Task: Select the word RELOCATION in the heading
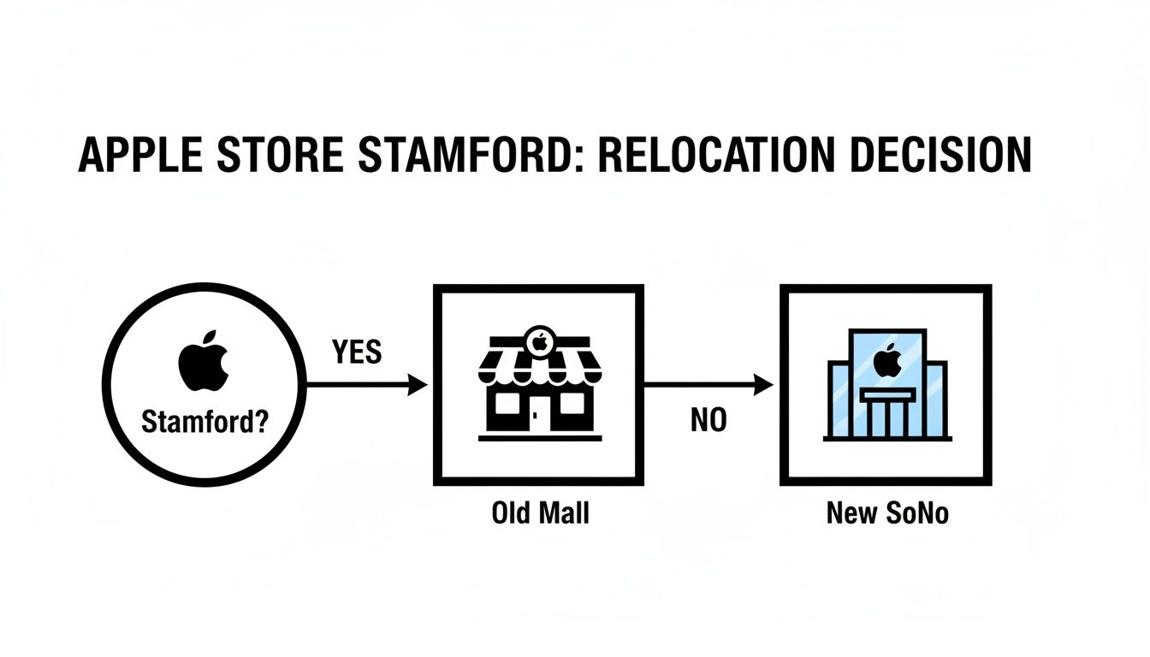(713, 156)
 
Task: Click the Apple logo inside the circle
(204, 364)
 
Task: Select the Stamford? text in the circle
(204, 423)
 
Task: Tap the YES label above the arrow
(356, 351)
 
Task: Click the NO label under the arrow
(708, 421)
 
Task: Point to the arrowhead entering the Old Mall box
(418, 386)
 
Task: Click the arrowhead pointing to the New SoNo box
(763, 386)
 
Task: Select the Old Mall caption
(540, 513)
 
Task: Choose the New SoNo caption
(887, 513)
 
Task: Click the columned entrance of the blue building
(887, 413)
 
